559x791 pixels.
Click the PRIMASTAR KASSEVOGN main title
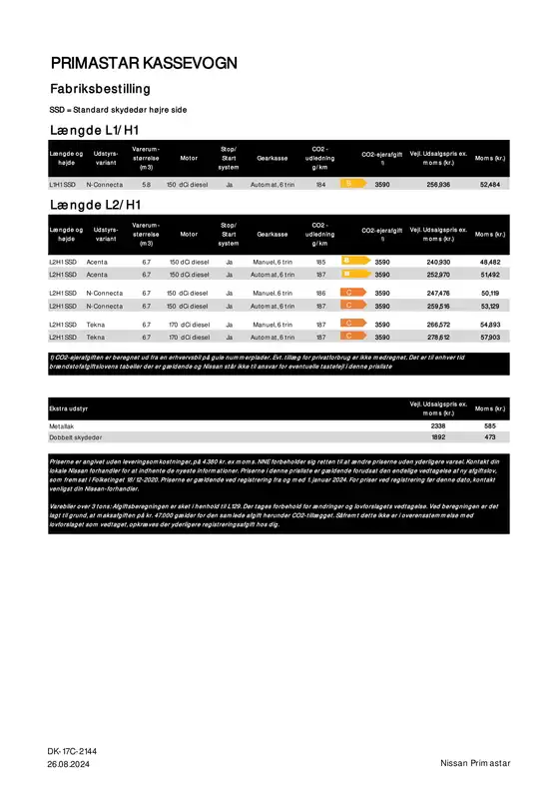pos(144,64)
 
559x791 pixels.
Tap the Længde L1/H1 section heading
pos(95,132)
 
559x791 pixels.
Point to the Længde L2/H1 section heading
pos(95,205)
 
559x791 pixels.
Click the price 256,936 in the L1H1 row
pos(438,185)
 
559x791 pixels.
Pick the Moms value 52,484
pos(490,185)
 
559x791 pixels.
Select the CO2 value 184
pos(320,185)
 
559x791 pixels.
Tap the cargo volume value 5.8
pos(146,185)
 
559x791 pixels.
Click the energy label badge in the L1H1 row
pos(349,185)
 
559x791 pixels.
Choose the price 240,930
pos(438,262)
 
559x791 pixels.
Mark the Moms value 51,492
pos(490,274)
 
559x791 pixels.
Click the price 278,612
pos(438,339)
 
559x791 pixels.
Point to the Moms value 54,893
pos(490,326)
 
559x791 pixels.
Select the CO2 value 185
pos(320,262)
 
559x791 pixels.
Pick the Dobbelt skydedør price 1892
pos(438,437)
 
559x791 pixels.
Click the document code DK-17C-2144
pos(72,750)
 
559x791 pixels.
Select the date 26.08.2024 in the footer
pos(69,763)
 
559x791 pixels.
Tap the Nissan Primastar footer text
pos(475,763)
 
